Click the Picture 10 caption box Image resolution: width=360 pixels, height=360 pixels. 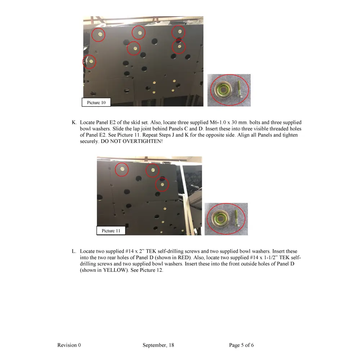pyautogui.click(x=96, y=103)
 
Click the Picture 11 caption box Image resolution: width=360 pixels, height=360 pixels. pyautogui.click(x=111, y=231)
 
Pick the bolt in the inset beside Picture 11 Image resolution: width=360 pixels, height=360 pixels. pyautogui.click(x=235, y=219)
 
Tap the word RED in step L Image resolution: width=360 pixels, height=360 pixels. pyautogui.click(x=184, y=258)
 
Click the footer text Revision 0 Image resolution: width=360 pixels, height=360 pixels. pyautogui.click(x=69, y=345)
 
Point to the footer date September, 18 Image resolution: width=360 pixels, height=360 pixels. pyautogui.click(x=158, y=345)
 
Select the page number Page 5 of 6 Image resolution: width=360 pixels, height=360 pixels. pyautogui.click(x=241, y=345)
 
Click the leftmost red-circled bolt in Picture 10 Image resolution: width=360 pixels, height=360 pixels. pyautogui.click(x=90, y=62)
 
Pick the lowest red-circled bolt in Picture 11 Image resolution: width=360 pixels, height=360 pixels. pyautogui.click(x=162, y=185)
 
